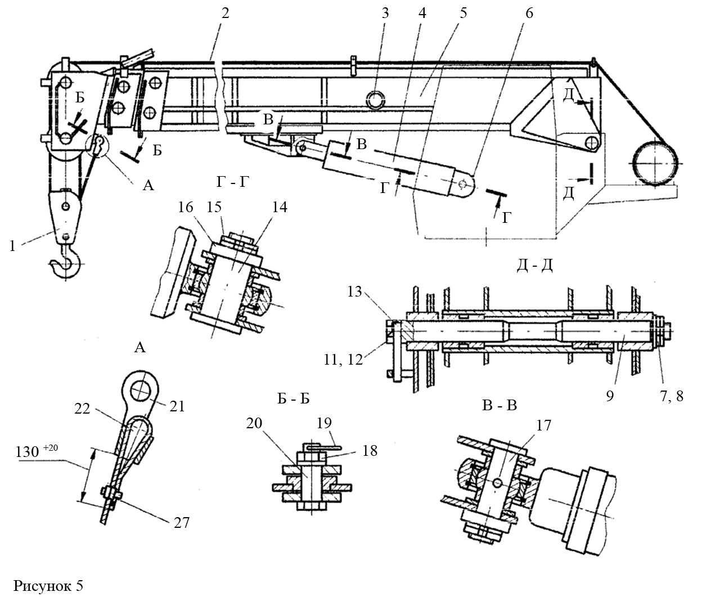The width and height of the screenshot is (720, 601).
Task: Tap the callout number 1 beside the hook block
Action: [12, 246]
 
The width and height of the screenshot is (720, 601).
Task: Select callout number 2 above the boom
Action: [225, 14]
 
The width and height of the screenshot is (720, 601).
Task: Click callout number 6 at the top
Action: [529, 13]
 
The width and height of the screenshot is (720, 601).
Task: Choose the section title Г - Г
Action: [233, 182]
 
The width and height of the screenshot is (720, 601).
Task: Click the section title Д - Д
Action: [534, 265]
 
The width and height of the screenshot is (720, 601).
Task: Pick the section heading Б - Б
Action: [294, 399]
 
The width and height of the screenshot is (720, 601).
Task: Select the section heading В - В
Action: [499, 405]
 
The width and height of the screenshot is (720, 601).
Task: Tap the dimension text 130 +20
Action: [37, 451]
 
